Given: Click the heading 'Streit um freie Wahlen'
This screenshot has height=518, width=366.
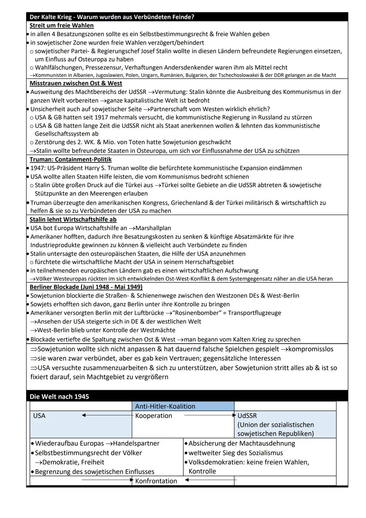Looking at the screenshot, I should [61, 25].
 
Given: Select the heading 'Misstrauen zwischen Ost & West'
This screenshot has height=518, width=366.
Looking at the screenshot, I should [76, 83].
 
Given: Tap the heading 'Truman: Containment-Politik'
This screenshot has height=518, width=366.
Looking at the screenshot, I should [70, 159].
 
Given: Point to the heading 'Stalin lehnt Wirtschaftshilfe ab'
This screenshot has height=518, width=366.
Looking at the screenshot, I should [73, 219].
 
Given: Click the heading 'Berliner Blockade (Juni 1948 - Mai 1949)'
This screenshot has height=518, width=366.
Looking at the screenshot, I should [86, 287].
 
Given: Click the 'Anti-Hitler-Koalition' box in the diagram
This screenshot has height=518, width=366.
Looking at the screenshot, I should [165, 406].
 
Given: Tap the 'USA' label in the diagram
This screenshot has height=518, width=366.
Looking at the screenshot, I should [39, 416].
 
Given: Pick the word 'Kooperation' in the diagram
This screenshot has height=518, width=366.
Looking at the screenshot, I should [154, 416].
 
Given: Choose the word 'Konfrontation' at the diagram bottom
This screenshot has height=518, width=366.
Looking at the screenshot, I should [156, 481].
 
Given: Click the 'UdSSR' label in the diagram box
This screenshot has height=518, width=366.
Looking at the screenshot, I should [247, 416].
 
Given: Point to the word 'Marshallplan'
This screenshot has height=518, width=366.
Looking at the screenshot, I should [153, 228].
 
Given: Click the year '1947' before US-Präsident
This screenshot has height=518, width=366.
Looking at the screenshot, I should [38, 168].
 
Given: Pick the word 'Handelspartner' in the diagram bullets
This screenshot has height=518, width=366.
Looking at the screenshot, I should [136, 443].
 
